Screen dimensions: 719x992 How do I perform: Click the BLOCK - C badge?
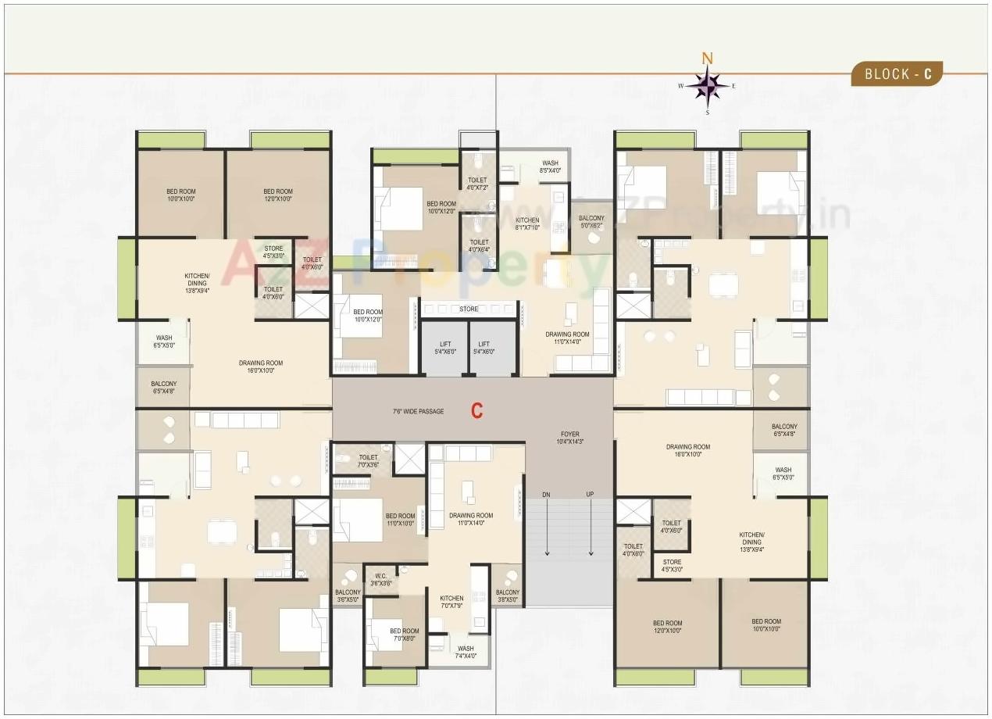[x=897, y=74]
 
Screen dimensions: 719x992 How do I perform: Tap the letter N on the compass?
[x=707, y=58]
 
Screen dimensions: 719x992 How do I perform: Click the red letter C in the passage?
[x=476, y=411]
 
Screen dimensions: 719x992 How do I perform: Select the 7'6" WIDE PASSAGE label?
[x=418, y=411]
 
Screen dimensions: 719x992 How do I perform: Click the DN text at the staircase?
[x=547, y=494]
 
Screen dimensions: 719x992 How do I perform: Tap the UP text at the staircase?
[x=590, y=494]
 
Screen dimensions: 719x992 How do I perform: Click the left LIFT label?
[x=444, y=348]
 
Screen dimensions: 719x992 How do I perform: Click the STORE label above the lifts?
[x=469, y=309]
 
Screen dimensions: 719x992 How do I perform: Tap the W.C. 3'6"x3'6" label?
[x=380, y=579]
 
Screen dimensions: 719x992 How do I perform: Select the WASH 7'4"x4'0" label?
[x=466, y=652]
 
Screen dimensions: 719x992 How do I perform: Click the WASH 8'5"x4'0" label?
[x=550, y=166]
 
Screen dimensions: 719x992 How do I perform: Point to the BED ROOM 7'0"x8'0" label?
[x=404, y=635]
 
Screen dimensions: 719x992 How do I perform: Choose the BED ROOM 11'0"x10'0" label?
[x=400, y=520]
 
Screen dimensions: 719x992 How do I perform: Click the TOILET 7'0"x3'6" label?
[x=368, y=461]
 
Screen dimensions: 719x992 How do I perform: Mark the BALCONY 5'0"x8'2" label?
[x=591, y=222]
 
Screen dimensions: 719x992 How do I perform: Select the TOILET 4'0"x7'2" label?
[x=477, y=184]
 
